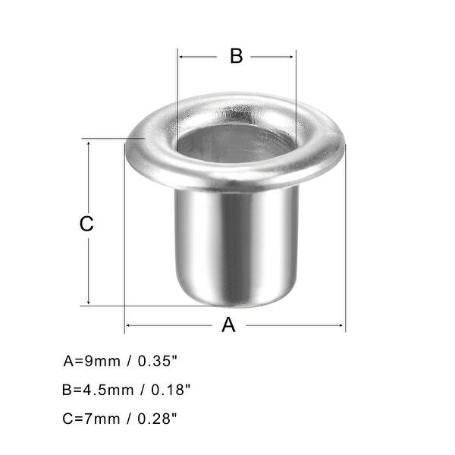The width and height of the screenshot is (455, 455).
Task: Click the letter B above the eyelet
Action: (236, 56)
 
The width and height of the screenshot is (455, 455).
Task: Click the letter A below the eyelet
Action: (228, 325)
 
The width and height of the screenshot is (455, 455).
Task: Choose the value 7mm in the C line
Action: (102, 418)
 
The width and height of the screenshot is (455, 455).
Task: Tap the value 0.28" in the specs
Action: (161, 418)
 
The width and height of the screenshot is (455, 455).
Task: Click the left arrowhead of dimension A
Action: (128, 325)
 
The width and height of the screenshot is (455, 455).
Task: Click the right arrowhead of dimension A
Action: (341, 325)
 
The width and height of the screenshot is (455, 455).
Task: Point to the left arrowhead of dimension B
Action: (182, 56)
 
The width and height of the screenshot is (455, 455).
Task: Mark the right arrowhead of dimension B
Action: (292, 56)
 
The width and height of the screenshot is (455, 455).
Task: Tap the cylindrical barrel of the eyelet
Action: (235, 243)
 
